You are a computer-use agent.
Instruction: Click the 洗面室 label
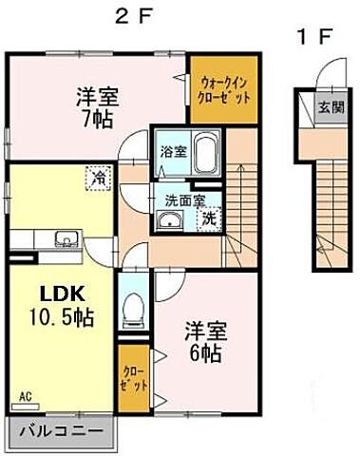180,200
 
